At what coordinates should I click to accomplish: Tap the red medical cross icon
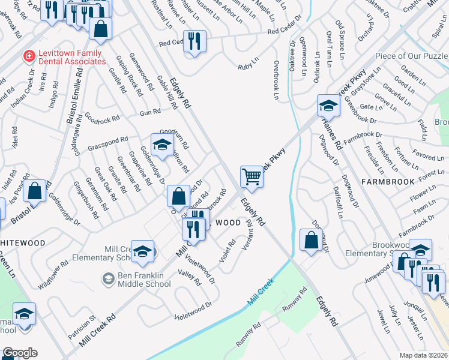tap(28, 56)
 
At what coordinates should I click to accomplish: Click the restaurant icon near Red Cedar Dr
tap(194, 41)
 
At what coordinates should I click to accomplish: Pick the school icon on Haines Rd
tap(328, 106)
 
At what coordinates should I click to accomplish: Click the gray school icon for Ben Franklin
tap(108, 278)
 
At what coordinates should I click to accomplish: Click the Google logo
tap(20, 353)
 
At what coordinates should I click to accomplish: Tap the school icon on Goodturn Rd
tap(161, 144)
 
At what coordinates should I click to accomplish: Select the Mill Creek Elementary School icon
tap(142, 251)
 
